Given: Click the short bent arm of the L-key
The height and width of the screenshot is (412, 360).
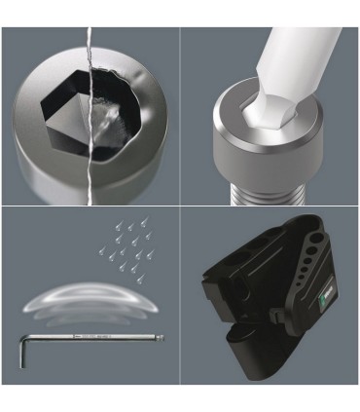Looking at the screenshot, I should coord(20,346).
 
